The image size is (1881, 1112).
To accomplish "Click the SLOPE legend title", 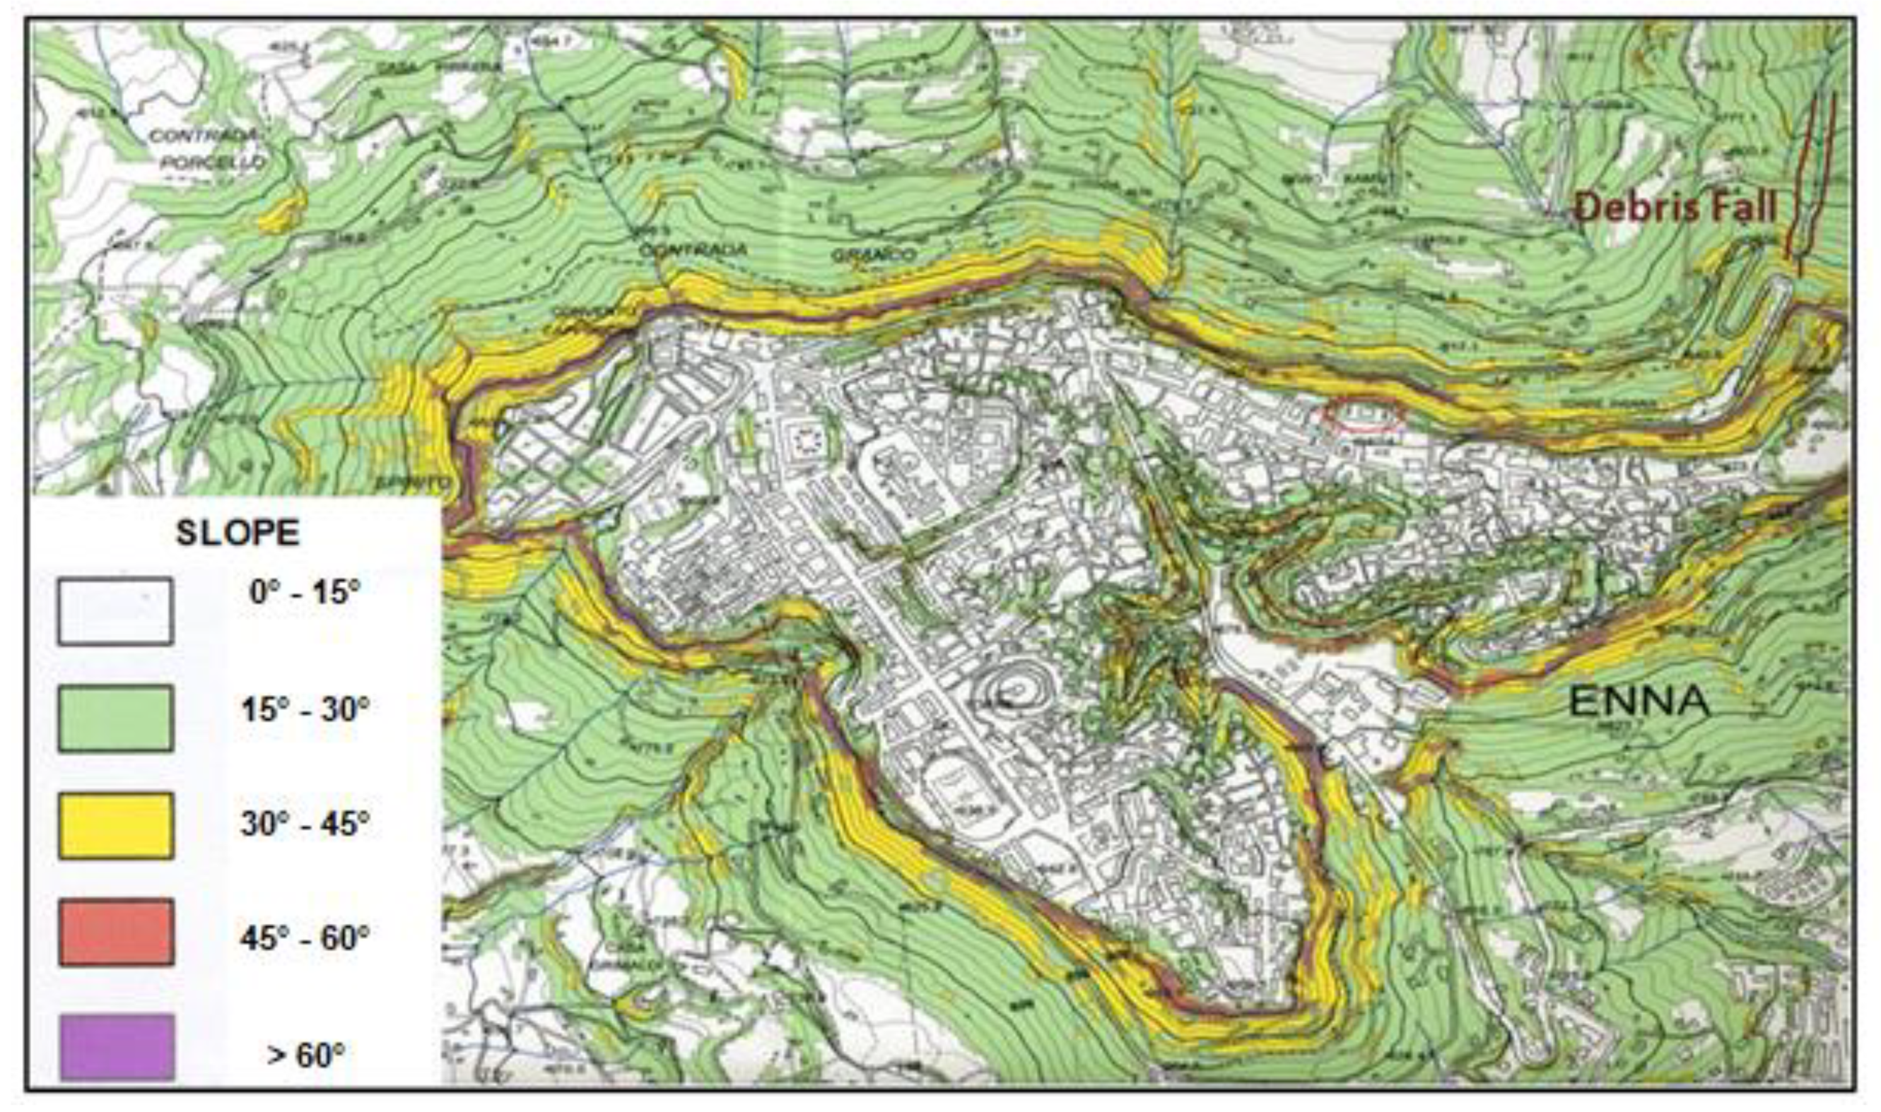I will [x=237, y=533].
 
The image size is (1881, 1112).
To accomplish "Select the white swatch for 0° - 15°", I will [x=115, y=610].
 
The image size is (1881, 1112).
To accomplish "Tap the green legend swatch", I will [x=115, y=717].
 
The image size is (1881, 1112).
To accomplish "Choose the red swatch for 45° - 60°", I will [x=115, y=932].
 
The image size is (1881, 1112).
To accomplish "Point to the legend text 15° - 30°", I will [x=305, y=708].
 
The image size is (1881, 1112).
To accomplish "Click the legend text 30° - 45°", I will [x=305, y=824].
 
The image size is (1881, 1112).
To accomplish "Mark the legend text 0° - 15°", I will [x=305, y=592].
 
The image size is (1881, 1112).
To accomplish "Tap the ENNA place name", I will [x=1639, y=702].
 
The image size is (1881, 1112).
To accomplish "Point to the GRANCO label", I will [x=874, y=255].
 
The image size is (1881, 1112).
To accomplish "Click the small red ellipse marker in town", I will [x=1362, y=417].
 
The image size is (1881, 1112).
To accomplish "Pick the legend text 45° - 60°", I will [x=305, y=937].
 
